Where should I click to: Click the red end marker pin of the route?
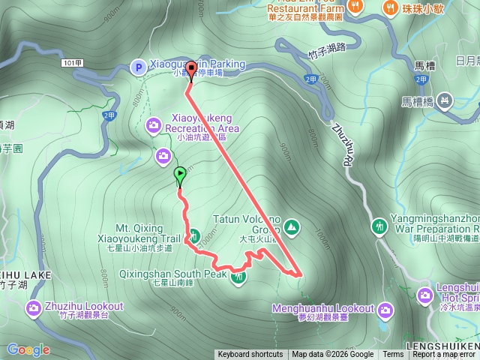point(190,70)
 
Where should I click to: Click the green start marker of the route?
point(180,175)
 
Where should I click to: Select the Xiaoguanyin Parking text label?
point(198,64)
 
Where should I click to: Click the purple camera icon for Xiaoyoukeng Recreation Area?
point(154,124)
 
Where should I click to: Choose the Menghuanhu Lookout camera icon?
point(385,309)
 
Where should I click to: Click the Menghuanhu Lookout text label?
point(324,309)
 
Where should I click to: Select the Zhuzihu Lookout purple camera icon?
point(34,307)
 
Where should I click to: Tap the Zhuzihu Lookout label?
point(83,307)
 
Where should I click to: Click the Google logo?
point(28,349)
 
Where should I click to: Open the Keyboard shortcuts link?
point(250,355)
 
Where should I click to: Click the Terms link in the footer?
point(393,355)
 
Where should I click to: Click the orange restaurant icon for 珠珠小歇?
point(391,7)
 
